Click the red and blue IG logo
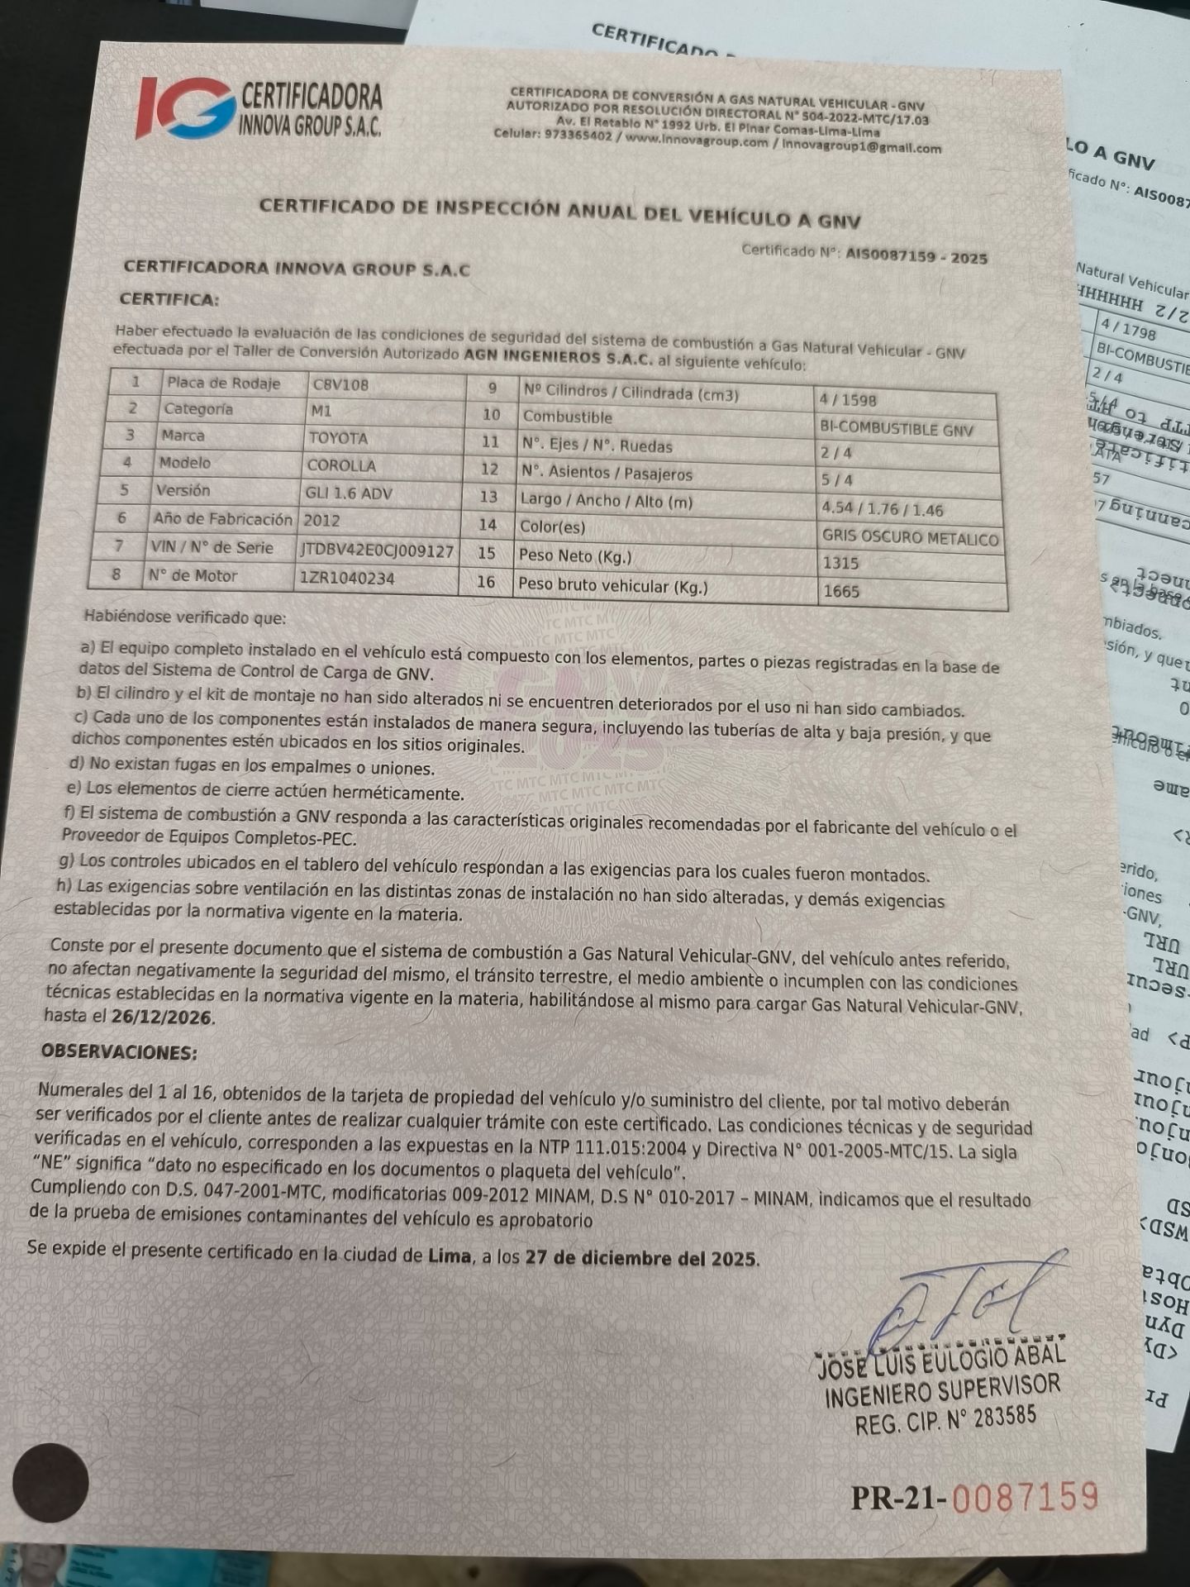(184, 108)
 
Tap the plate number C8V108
(340, 385)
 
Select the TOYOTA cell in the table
(338, 438)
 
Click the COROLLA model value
(341, 465)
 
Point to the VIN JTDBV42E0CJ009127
(377, 550)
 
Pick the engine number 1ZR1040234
(346, 578)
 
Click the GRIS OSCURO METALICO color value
(910, 537)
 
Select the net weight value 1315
(840, 564)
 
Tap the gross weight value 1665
(840, 592)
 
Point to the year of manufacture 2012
(321, 521)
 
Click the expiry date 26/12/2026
(162, 1017)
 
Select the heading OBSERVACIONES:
(119, 1052)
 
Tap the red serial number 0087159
(1025, 1497)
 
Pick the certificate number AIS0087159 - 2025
(916, 256)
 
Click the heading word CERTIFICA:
(169, 299)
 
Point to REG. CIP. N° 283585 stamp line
(945, 1422)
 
